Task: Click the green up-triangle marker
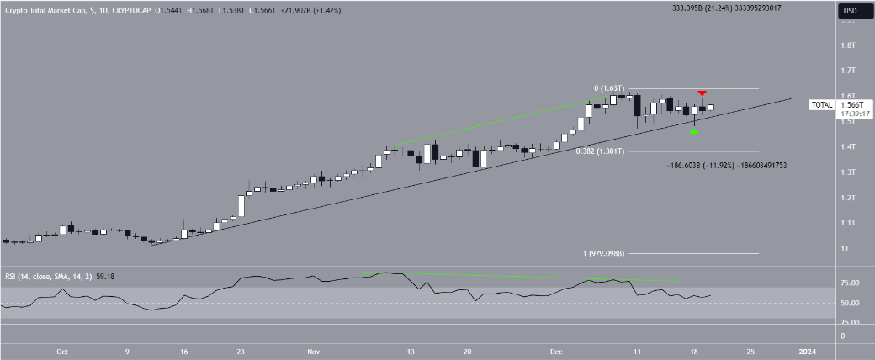tap(694, 132)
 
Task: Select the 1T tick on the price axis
tap(846, 248)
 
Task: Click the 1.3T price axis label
tap(848, 172)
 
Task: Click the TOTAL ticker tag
tap(821, 105)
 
